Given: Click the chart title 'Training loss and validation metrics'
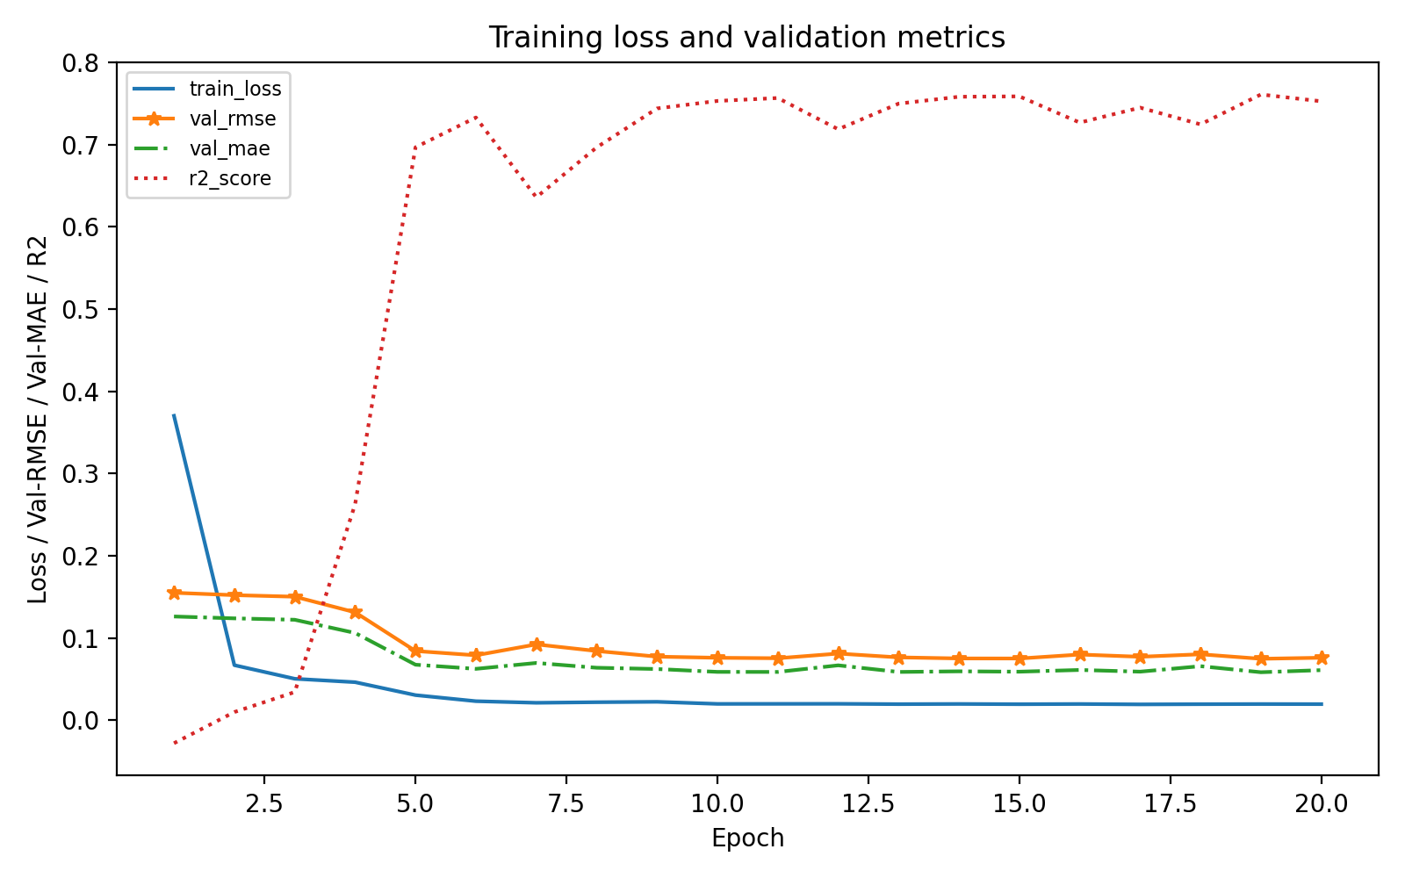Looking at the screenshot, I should pos(746,38).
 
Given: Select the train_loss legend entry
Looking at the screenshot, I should pos(235,89).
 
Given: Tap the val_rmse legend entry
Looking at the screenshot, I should pos(233,119).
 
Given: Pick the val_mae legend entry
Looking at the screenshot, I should pos(229,149).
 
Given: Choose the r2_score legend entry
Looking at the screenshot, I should pos(230,179).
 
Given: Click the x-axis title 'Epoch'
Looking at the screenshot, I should pos(747,838).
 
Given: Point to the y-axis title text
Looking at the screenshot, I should pos(37,419).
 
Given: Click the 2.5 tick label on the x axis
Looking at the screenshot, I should pos(264,803).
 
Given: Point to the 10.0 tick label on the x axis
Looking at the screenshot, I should pos(717,803).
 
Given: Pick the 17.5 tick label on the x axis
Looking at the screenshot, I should pos(1170,803).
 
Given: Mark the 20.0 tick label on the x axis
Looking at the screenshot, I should pos(1321,803).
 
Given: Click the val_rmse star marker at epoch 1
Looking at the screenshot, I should pos(174,593).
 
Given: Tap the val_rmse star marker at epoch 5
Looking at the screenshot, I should pos(415,651).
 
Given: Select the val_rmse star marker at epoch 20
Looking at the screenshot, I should pos(1321,658).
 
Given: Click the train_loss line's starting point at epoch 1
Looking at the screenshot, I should pos(174,414).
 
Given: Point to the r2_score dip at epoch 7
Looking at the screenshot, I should pos(536,197).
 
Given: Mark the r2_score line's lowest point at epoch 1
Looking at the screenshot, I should pos(174,744).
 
